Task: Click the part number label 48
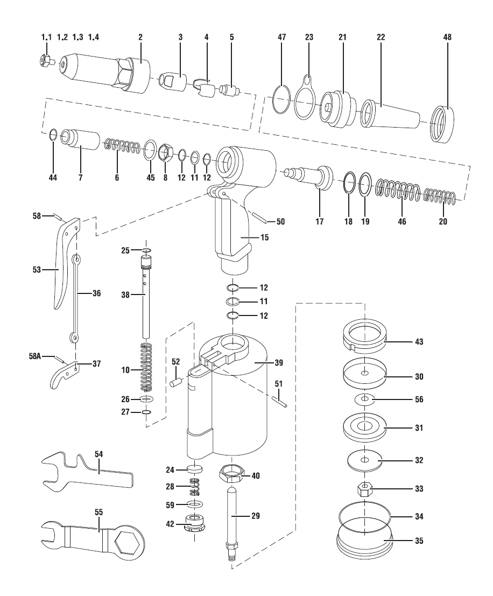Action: point(447,37)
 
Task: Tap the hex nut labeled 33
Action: point(365,489)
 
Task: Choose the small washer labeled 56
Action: point(365,399)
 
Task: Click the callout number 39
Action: point(279,363)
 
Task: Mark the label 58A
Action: point(35,356)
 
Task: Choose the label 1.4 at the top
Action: point(94,37)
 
